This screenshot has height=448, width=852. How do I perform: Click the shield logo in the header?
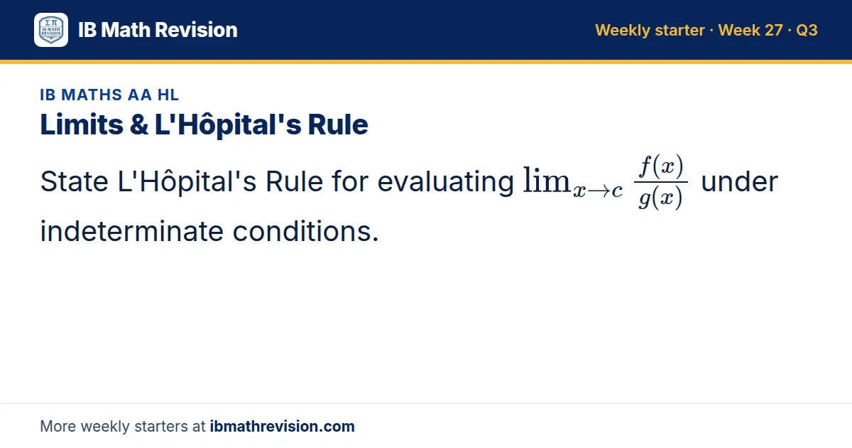pos(51,30)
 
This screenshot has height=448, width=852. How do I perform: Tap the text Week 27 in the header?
pos(750,30)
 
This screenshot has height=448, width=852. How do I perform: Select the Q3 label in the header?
pos(807,30)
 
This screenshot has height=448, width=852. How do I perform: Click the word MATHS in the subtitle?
pos(92,95)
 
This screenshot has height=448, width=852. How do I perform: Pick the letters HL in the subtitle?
pos(168,95)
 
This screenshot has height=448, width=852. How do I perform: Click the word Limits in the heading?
pos(82,124)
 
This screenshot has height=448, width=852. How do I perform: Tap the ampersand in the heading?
pos(139,124)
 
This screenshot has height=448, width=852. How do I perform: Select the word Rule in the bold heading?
pos(338,124)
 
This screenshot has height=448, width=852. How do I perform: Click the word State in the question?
pos(74,181)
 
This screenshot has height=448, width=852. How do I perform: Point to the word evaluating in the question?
pos(445,183)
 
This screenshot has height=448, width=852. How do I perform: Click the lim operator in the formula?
pos(547,180)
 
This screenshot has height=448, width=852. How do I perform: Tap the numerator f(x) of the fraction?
pos(661,166)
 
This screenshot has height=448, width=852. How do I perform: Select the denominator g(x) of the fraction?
pos(661,198)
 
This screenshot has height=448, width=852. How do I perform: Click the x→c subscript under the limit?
pos(598,191)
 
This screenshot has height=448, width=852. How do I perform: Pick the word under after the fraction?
pos(739,182)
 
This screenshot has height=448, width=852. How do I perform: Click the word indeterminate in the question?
pos(131,231)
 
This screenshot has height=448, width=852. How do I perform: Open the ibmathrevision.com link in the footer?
pos(283,426)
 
